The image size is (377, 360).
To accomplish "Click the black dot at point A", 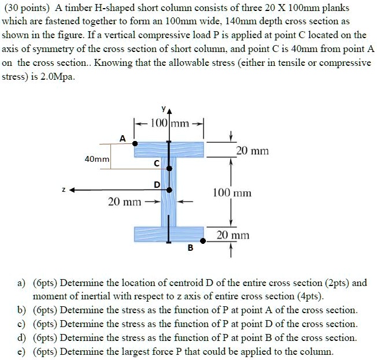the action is click(x=135, y=143).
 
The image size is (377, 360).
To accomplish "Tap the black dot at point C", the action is click(x=169, y=168).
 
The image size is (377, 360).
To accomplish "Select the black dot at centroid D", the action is click(x=169, y=190).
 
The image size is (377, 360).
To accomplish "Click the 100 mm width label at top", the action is click(x=169, y=123).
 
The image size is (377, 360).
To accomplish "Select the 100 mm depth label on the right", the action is click(x=232, y=192).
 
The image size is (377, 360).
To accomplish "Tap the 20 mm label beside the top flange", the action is click(x=253, y=151).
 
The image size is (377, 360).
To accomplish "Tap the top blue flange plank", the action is click(x=169, y=150).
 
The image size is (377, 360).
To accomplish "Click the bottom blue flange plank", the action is click(x=169, y=234).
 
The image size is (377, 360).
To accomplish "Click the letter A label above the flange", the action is click(x=122, y=138).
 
